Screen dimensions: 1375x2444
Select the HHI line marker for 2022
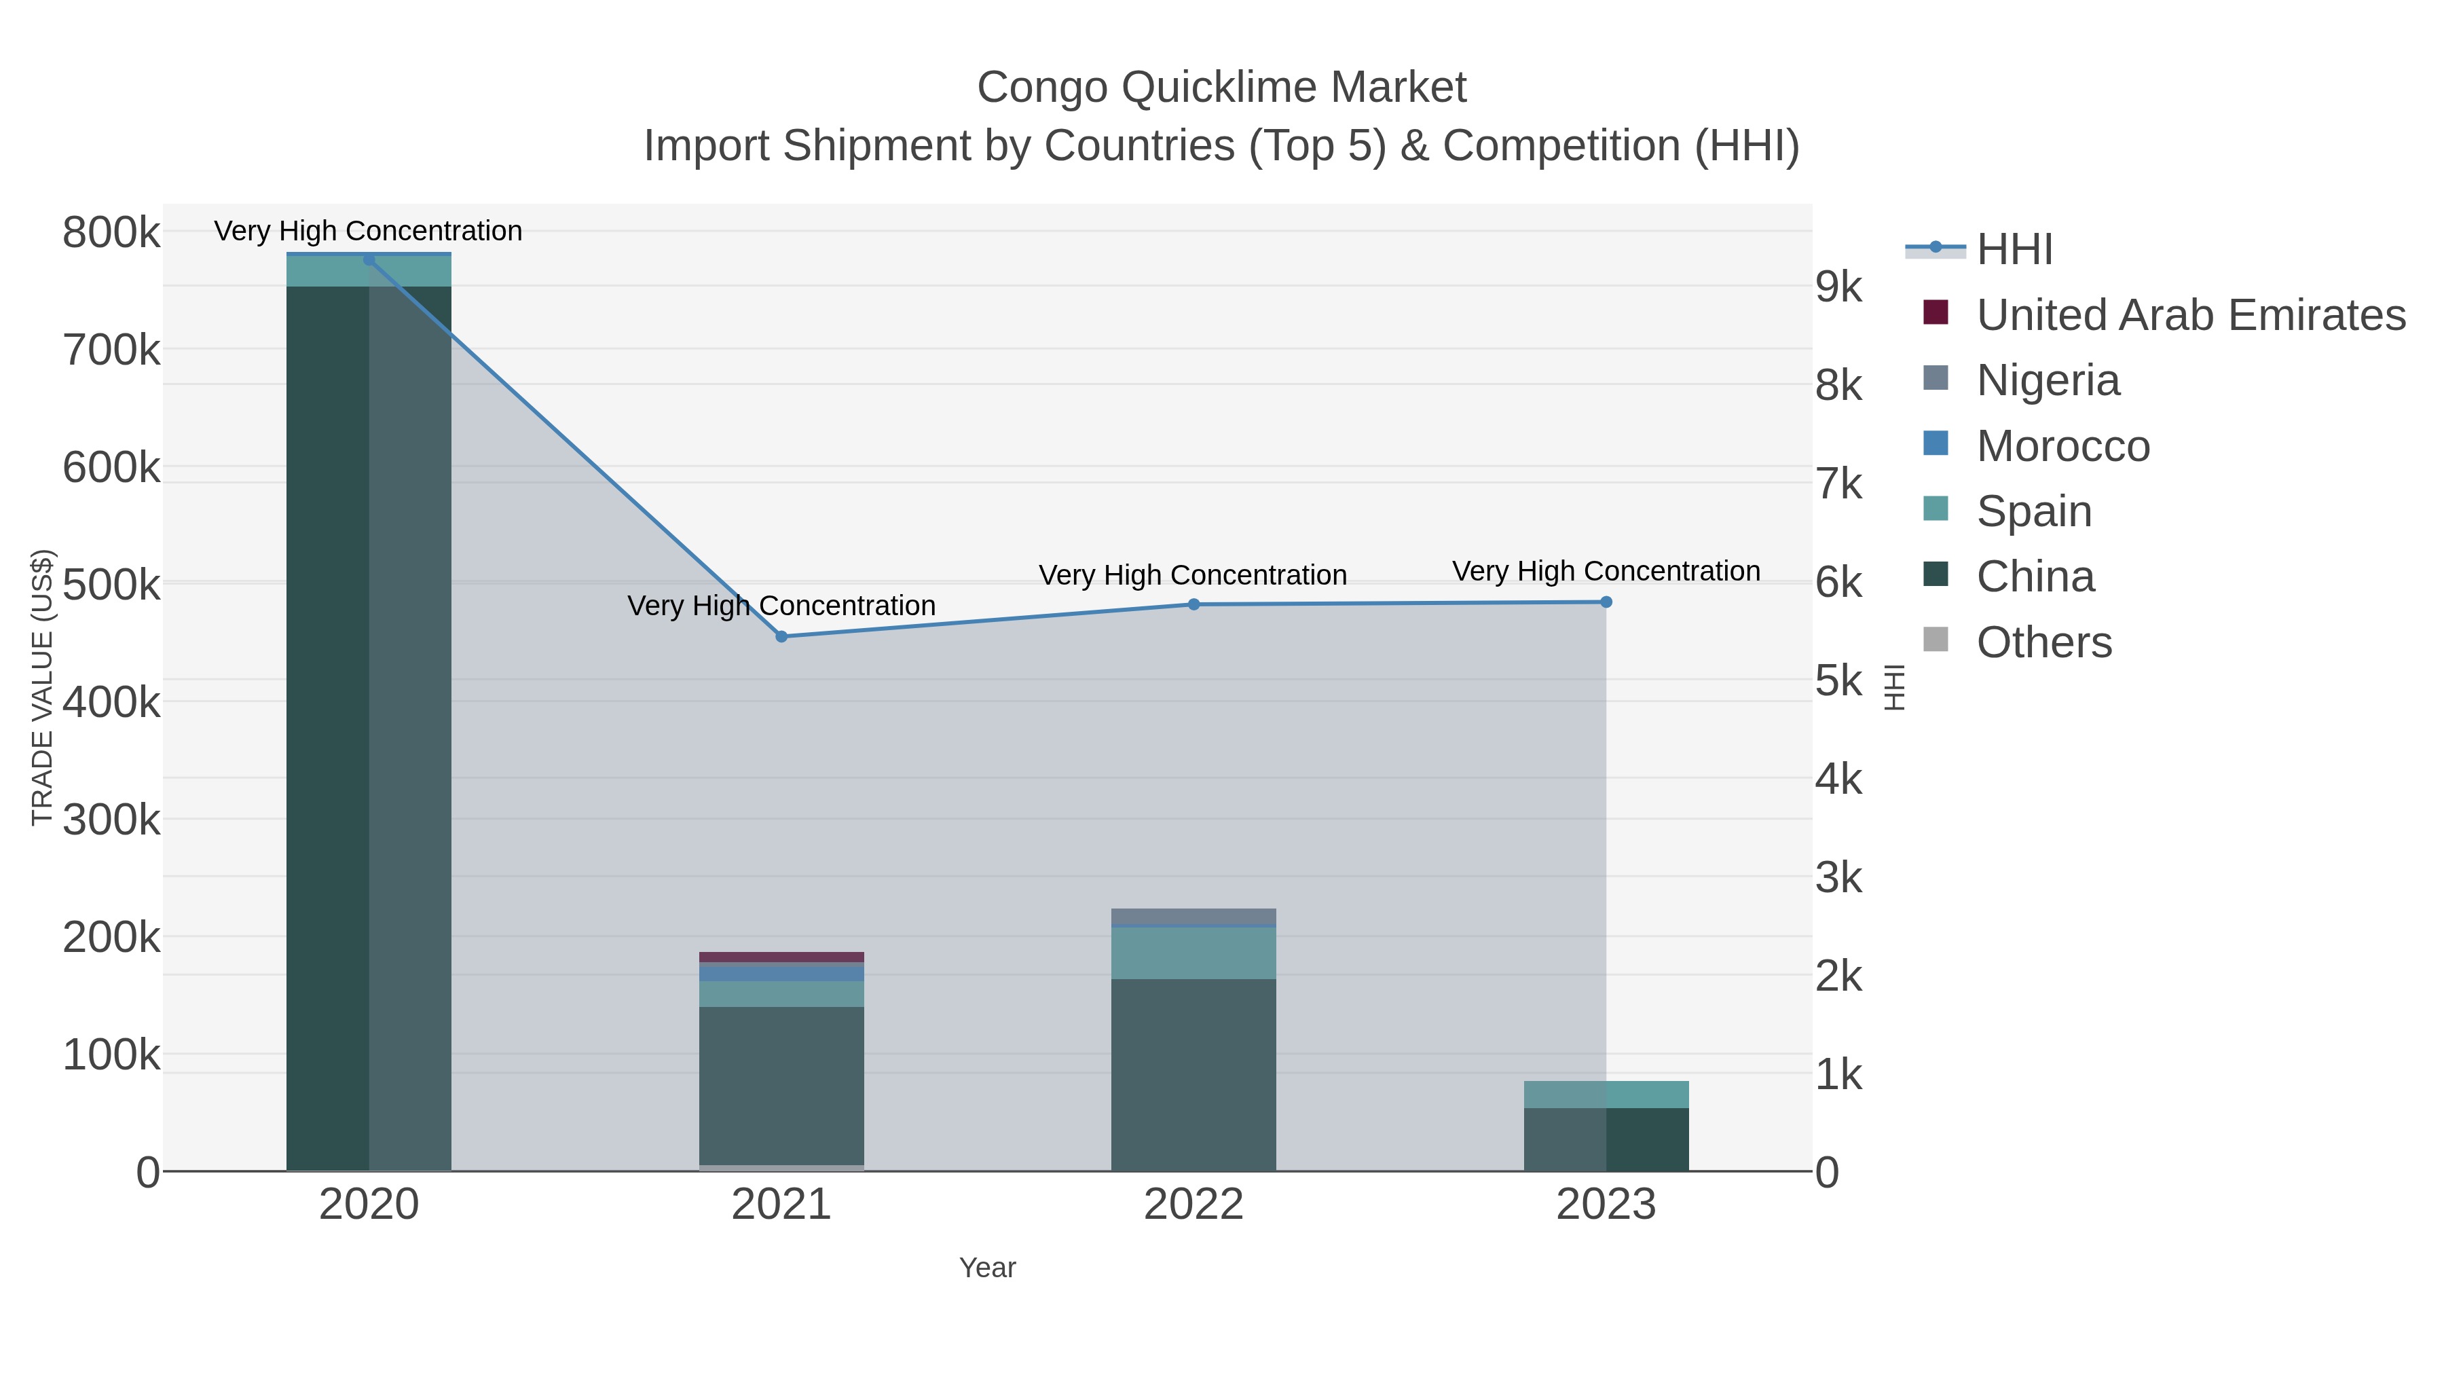click(x=1193, y=604)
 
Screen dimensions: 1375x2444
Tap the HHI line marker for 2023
click(x=1606, y=602)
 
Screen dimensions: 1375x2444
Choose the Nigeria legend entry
click(x=2048, y=380)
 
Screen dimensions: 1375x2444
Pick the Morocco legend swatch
click(x=1936, y=444)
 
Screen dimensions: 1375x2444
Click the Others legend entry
click(x=2043, y=642)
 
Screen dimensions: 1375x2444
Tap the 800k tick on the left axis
click(x=111, y=232)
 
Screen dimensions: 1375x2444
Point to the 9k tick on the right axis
click(x=1838, y=287)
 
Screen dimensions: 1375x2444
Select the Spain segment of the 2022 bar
click(x=1193, y=953)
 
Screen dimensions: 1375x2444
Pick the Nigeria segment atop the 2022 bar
click(x=1193, y=916)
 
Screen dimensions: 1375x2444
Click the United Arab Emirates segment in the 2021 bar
click(x=781, y=957)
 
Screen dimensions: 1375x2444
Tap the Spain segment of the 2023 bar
click(x=1606, y=1094)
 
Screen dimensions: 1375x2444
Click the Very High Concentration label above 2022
click(x=1193, y=575)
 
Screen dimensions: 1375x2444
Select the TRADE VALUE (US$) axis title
click(x=43, y=687)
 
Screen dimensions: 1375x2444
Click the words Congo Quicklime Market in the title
click(x=1221, y=88)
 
